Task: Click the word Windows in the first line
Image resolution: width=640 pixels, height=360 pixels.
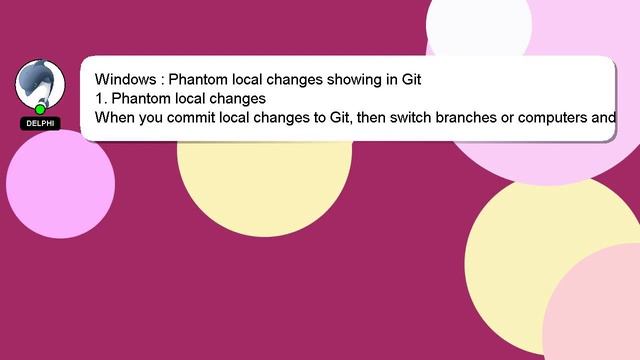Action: pos(125,79)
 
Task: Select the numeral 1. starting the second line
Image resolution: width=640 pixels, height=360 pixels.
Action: pos(101,98)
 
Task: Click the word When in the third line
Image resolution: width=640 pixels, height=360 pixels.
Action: pos(115,117)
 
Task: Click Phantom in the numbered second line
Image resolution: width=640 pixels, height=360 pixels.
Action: pos(141,98)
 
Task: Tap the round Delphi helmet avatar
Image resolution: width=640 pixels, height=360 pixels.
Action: pos(40,83)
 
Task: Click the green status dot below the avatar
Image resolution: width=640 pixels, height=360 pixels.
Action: pos(40,109)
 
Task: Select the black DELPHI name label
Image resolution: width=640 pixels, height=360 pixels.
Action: pos(40,123)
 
